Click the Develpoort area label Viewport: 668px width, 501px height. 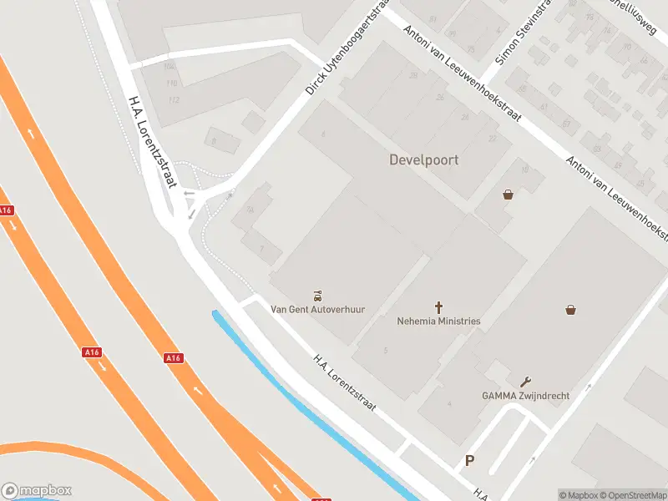pos(423,159)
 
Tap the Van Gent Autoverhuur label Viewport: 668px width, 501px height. pos(318,309)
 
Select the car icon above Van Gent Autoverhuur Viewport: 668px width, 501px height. pos(318,295)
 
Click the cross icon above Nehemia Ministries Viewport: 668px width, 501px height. pos(438,307)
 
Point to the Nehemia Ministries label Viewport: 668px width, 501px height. pos(438,321)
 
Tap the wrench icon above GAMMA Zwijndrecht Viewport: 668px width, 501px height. pos(525,382)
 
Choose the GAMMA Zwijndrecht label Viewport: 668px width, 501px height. pos(525,395)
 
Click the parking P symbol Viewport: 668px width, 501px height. pos(470,460)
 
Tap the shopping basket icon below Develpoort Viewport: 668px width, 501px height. pos(508,195)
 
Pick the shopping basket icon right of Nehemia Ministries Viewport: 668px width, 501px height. pos(570,309)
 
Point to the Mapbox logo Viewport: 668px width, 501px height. pos(37,490)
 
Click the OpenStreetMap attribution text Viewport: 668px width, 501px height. pos(633,495)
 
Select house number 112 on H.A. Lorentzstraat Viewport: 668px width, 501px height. pos(174,100)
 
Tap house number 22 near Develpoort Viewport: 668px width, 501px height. pos(493,139)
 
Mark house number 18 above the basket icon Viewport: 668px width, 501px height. pos(524,170)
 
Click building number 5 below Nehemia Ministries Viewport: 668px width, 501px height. pos(385,350)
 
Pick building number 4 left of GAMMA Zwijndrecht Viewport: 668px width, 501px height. pos(449,404)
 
